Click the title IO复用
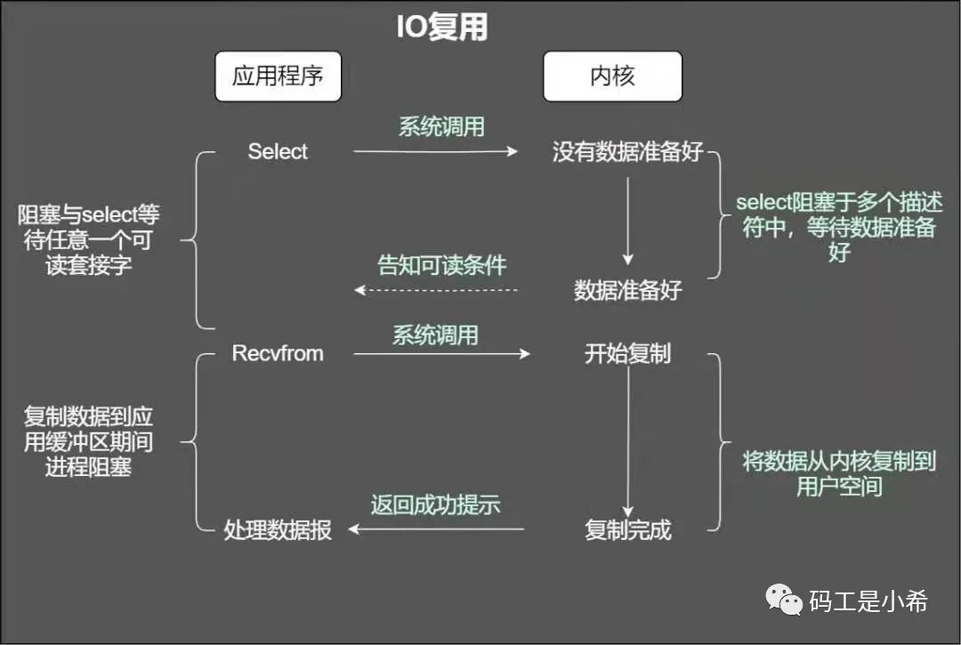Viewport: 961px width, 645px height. tap(442, 28)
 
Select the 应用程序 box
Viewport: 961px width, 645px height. tap(277, 76)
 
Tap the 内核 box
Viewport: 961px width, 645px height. tap(612, 76)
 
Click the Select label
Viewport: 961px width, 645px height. tap(278, 152)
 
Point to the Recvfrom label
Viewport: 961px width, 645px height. tap(278, 353)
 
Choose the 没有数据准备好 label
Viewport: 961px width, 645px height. tap(627, 152)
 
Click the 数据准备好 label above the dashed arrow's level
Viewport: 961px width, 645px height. tap(627, 290)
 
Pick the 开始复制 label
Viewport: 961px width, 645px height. tap(627, 354)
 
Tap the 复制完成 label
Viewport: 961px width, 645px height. tap(627, 530)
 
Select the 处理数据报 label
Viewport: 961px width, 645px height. tap(278, 531)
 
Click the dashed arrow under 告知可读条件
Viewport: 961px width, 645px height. tap(436, 290)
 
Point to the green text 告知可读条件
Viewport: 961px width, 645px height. tap(442, 265)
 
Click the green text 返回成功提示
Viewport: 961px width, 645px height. tap(435, 505)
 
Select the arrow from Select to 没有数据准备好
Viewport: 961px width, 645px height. tap(435, 152)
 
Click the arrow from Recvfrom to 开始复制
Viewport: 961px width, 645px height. tap(441, 354)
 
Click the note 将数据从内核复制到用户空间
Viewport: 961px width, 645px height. tap(839, 474)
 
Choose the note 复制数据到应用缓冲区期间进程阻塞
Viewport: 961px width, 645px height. tap(88, 441)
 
